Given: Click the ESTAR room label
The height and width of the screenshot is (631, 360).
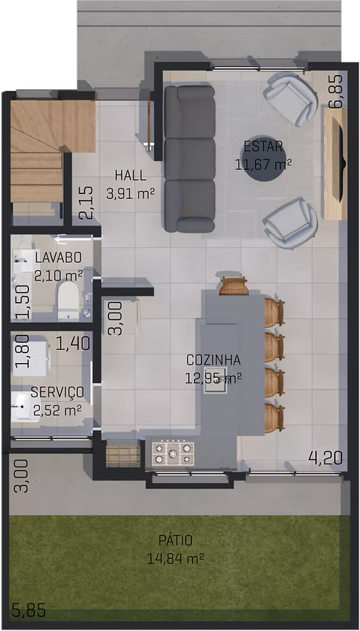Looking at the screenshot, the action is [x=263, y=147].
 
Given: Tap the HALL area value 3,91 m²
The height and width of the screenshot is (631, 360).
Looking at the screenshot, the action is [x=130, y=194].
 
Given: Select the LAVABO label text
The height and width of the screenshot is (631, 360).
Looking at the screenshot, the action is [x=59, y=257].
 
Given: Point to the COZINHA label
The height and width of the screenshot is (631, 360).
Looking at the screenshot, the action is [x=213, y=359].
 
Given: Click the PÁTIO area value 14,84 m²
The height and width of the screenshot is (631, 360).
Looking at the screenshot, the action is [x=175, y=558].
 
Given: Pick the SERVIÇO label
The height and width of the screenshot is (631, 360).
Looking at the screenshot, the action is [x=57, y=391].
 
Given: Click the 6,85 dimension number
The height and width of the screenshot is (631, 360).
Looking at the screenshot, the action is [x=336, y=92].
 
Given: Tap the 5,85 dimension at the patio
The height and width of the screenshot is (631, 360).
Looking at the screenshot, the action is [x=28, y=610].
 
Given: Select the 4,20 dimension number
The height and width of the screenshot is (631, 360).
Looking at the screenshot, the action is [x=325, y=458].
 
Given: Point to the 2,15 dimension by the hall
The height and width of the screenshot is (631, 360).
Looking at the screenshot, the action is [x=86, y=202].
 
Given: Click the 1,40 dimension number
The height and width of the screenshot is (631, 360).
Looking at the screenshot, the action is [x=73, y=344].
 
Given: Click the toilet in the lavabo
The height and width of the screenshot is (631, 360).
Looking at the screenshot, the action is [x=68, y=300].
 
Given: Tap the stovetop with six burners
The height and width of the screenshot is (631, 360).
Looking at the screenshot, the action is [x=173, y=454].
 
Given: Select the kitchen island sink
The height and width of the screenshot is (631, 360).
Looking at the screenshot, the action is [x=216, y=380].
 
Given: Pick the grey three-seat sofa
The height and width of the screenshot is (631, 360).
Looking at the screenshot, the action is [x=190, y=159].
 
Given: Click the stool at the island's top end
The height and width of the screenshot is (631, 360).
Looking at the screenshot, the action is [x=234, y=286].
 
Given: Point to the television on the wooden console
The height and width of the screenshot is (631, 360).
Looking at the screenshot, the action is [x=341, y=164].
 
